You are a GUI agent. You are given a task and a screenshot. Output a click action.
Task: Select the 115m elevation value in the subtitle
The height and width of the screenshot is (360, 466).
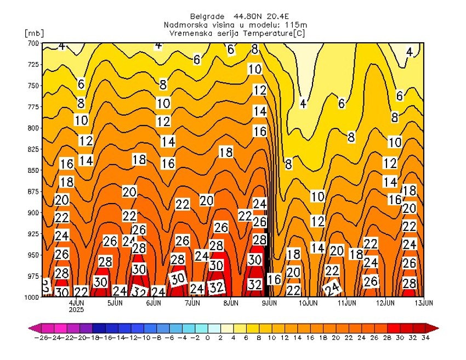point(297,25)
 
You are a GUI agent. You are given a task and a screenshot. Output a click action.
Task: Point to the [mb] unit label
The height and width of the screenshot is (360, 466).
point(33,33)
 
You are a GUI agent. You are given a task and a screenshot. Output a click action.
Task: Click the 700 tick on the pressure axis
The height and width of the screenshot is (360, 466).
point(33,43)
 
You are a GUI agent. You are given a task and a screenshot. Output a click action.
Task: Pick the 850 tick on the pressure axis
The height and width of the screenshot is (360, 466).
point(33,170)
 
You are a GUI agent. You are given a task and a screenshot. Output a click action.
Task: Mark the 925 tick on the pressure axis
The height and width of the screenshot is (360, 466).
point(33,234)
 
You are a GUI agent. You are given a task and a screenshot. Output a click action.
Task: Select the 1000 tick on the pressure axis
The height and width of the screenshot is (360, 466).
point(32,297)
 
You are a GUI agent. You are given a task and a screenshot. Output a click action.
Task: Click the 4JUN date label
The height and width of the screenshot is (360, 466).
point(76,302)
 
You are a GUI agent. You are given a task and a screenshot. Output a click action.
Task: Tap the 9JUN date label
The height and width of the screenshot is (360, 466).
point(269,302)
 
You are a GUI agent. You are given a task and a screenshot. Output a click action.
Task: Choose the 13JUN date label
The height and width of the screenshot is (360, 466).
point(423,302)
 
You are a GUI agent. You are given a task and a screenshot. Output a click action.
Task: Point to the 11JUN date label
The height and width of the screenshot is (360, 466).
point(346,302)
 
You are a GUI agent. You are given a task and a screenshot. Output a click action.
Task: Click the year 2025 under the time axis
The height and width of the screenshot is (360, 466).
point(76,309)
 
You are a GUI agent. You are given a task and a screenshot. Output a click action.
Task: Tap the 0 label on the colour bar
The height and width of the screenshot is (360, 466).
point(208,338)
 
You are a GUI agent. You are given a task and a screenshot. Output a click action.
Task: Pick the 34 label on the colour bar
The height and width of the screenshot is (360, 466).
point(426,338)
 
